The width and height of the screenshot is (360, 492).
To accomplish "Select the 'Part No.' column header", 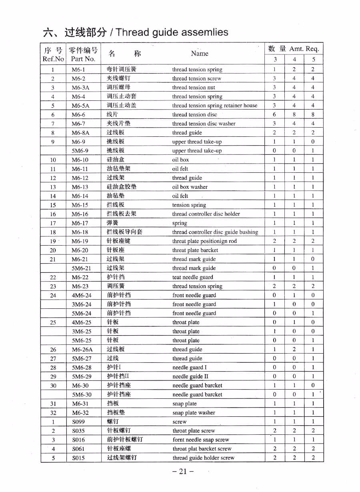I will click(83, 59).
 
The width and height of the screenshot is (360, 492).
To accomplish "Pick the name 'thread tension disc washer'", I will click(204, 124).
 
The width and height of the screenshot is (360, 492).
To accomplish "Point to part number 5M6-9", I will click(80, 151).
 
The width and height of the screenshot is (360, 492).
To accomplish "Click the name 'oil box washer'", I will click(190, 187).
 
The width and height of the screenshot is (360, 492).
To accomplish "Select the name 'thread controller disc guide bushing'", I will click(215, 232).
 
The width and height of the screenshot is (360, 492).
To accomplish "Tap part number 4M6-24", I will click(82, 295).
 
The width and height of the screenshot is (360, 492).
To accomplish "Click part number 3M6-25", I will click(82, 331).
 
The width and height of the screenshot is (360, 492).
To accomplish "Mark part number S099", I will click(78, 422).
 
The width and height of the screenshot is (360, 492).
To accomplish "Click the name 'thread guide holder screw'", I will click(203, 458).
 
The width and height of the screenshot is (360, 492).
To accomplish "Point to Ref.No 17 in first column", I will click(53, 223).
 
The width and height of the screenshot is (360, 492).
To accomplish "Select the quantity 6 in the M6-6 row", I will click(274, 114).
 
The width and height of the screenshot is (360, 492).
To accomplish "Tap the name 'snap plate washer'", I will click(194, 412).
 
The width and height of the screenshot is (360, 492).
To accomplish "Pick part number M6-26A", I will click(82, 349).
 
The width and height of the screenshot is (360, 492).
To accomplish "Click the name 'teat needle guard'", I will click(192, 277).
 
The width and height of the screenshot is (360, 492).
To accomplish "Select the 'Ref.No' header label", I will click(53, 59).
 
